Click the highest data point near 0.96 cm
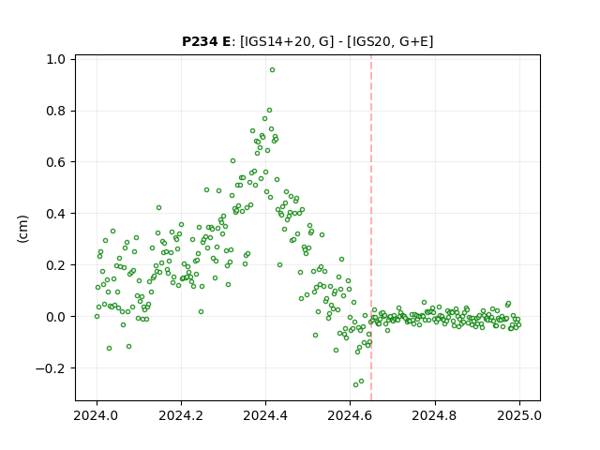point(272,70)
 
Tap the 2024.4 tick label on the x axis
point(265,415)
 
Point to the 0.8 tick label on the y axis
point(55,111)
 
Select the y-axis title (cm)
point(23,229)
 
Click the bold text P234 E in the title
point(206,41)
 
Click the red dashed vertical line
point(371,228)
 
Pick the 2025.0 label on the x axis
point(519,415)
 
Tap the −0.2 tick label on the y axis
point(51,368)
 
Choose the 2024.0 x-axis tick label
point(97,415)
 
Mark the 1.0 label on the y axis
point(55,59)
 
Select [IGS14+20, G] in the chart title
point(284,41)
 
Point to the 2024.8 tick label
point(434,415)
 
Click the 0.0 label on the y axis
point(55,317)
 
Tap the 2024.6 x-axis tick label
point(350,415)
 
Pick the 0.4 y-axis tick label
point(55,214)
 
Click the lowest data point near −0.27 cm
point(355,384)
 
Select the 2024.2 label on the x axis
point(181,415)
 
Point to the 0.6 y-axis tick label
point(55,162)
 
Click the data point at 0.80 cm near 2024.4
point(269,111)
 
